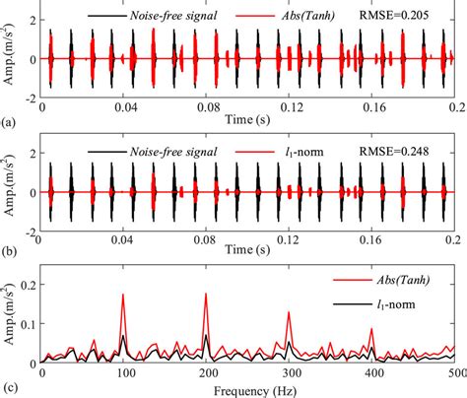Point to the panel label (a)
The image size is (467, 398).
tap(9, 125)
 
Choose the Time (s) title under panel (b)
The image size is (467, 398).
tap(247, 251)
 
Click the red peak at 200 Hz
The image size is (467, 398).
tap(206, 294)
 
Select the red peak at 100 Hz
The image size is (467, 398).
tap(123, 295)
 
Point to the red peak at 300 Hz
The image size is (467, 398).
tap(289, 313)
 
